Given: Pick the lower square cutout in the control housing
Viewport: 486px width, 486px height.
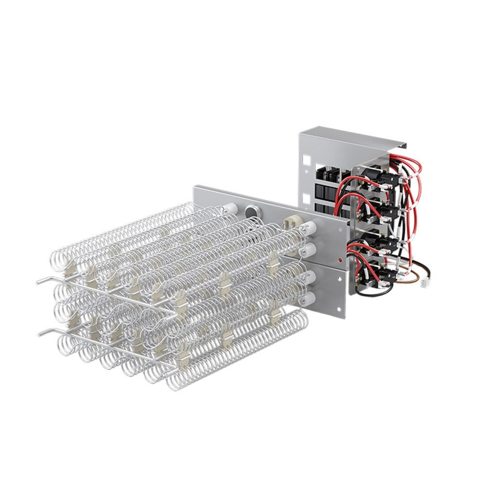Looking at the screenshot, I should tap(306, 197).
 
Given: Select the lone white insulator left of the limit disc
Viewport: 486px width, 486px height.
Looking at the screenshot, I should tap(230, 209).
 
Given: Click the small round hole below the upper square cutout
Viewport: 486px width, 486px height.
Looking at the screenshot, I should tap(305, 171).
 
